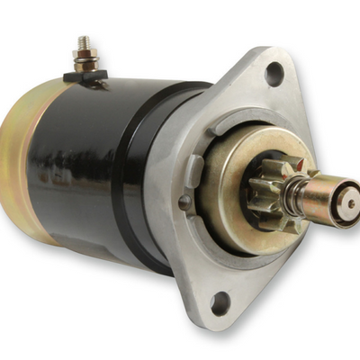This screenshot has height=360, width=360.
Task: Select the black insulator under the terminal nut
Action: pyautogui.click(x=86, y=76)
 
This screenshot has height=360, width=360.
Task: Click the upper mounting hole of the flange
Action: pyautogui.click(x=274, y=72)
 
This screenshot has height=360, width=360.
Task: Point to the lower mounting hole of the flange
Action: pyautogui.click(x=218, y=301)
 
